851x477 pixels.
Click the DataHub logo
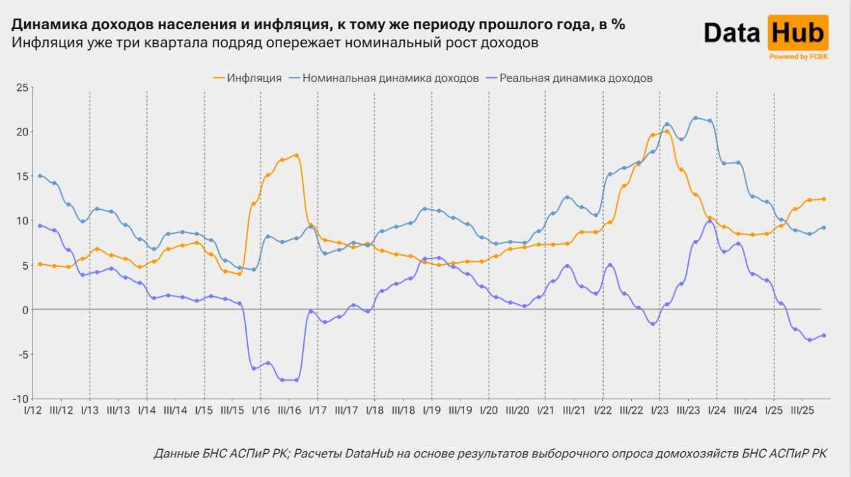tap(765, 33)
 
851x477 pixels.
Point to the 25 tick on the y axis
tap(22, 88)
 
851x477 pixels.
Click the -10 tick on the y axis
tap(20, 399)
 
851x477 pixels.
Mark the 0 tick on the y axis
tap(25, 310)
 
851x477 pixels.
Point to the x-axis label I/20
tap(489, 410)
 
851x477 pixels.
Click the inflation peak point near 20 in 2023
tap(667, 132)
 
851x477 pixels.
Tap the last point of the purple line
tap(824, 335)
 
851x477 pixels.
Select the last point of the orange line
tap(824, 199)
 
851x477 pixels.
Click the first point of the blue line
tap(40, 175)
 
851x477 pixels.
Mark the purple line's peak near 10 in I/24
tap(710, 222)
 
